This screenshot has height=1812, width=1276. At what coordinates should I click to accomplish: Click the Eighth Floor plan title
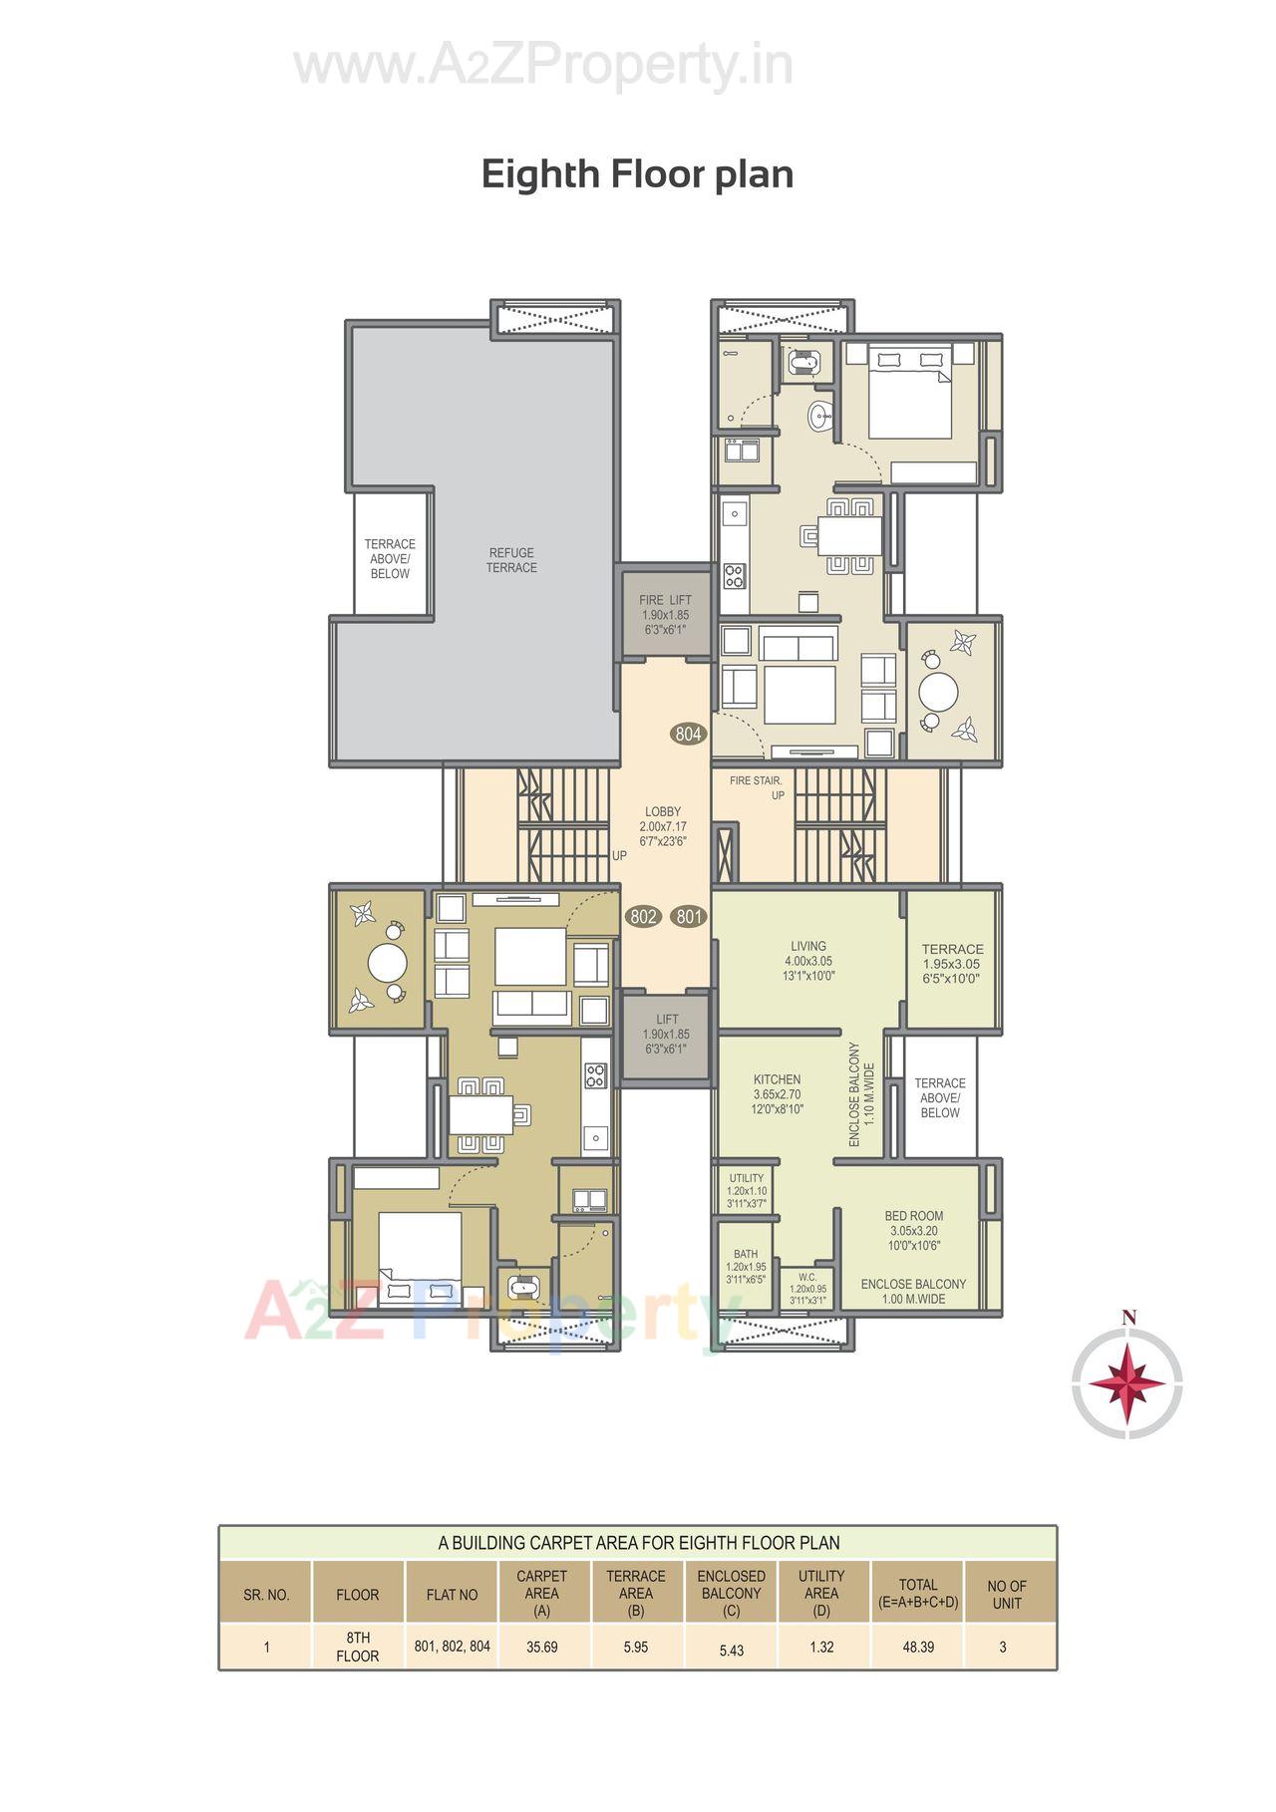point(637,173)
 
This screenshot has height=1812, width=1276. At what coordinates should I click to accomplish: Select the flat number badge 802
point(643,916)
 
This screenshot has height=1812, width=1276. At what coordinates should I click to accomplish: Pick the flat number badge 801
point(688,916)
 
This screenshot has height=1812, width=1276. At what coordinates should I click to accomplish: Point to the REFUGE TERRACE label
point(511,560)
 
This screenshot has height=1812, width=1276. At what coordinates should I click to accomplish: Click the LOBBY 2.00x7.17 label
point(663,826)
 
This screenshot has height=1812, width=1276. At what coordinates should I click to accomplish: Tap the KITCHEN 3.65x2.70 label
point(777,1093)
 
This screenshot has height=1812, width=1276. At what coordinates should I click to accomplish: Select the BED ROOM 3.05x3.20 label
point(913,1230)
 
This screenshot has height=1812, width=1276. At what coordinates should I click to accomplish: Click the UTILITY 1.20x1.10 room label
point(746,1190)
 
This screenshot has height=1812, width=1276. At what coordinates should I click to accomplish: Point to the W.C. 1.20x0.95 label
point(807,1287)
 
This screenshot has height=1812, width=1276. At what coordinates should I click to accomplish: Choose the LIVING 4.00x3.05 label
point(807,961)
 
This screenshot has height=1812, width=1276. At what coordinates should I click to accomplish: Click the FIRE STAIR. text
point(756,781)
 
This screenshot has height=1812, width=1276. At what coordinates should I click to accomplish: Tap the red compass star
point(1126,1383)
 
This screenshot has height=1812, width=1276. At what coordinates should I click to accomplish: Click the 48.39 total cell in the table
point(917,1648)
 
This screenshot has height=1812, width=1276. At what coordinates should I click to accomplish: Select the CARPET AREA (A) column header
point(541,1593)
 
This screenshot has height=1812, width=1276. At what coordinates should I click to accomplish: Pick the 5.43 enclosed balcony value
point(731,1651)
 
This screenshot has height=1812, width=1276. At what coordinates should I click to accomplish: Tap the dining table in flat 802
point(480,1113)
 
